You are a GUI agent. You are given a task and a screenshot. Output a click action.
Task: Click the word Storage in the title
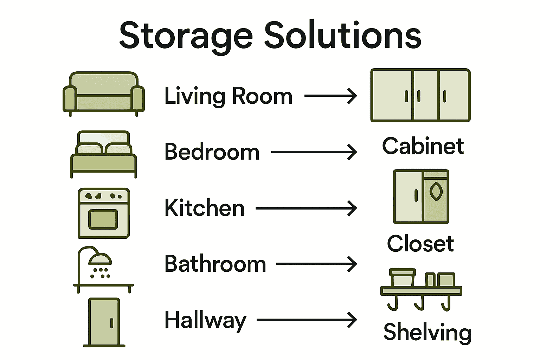pos(186,36)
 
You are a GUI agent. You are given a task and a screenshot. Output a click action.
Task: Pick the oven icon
pos(104,213)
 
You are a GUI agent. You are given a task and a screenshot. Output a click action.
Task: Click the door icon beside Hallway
pos(104,322)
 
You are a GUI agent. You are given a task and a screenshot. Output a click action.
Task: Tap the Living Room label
pos(229,96)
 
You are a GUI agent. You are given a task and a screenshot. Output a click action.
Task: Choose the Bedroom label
pos(212,152)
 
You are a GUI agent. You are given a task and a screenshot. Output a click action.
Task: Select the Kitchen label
pos(204,208)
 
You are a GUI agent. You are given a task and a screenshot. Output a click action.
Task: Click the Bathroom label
pos(215,264)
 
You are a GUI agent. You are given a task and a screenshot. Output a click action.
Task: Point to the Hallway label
pos(205,320)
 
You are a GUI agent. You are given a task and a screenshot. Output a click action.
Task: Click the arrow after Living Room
pos(330,96)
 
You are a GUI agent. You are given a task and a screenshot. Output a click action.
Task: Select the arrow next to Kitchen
pos(306,208)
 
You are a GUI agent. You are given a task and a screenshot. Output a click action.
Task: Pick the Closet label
pos(420,243)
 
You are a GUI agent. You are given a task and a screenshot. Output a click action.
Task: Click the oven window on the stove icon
pos(103,219)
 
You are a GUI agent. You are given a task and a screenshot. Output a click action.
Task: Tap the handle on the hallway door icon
pos(111,323)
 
